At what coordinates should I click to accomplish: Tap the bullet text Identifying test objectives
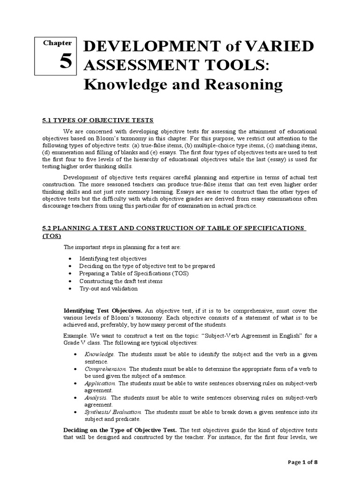(113, 258)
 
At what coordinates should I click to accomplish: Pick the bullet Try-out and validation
(108, 288)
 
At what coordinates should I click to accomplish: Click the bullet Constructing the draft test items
(121, 281)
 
